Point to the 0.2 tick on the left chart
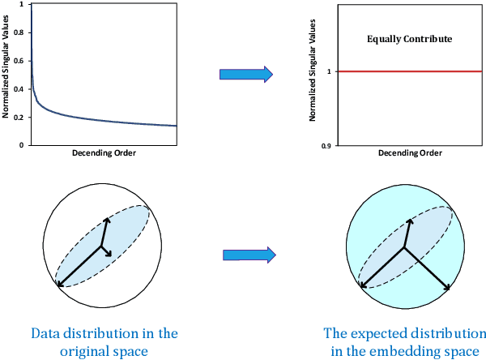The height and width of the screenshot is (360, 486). tap(23, 117)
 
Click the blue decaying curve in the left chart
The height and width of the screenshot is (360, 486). tap(81, 114)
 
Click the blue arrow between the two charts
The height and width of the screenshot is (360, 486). tap(246, 75)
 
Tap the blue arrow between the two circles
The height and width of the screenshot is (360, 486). tap(248, 255)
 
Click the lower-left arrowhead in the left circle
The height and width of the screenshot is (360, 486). tap(59, 284)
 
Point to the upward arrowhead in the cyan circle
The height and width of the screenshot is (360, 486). tap(411, 220)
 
